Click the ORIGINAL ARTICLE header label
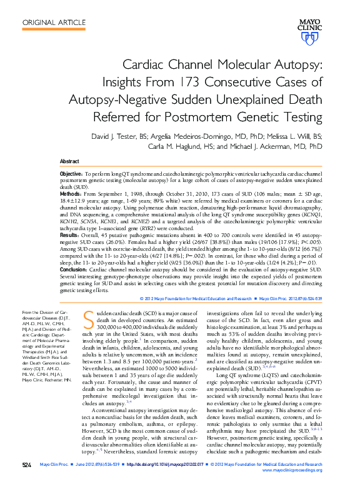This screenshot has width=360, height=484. pos(54,23)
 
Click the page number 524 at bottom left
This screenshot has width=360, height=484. pos(26,465)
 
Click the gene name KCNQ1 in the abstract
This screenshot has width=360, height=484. pos(311,215)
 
